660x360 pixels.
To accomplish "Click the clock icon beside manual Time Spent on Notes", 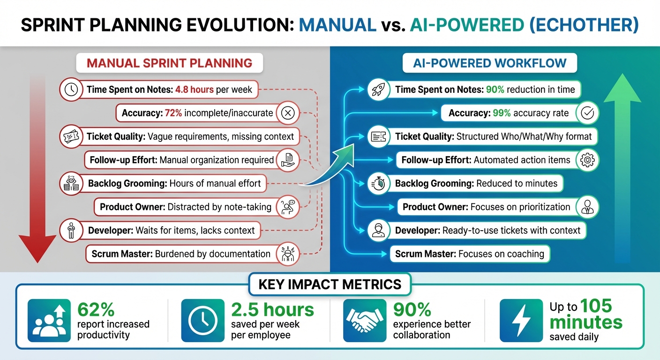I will [x=71, y=90].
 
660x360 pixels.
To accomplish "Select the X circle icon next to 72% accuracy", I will [x=288, y=113].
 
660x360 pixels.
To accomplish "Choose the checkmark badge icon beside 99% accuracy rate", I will [x=587, y=113].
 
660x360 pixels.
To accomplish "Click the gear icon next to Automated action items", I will [x=587, y=160].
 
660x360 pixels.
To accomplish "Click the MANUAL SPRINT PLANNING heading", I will [x=169, y=63].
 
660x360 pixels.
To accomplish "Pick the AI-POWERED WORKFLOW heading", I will [x=489, y=63].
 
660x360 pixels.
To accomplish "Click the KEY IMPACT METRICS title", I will [x=330, y=284].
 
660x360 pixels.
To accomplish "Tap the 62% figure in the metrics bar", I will [x=96, y=310].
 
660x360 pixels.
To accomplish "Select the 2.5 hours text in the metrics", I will [x=272, y=310].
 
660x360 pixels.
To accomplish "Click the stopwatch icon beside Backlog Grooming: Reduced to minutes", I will [x=378, y=183].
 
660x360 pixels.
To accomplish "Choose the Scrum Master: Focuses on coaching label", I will [x=470, y=254].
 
